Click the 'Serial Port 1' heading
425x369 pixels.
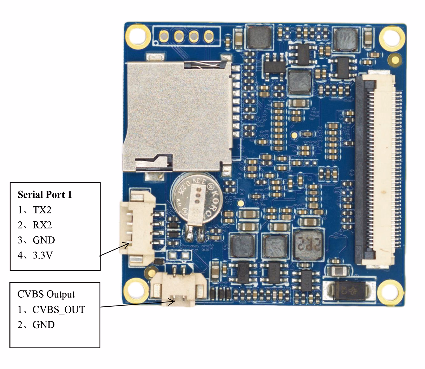(x=45, y=195)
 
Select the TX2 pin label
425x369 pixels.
(x=42, y=210)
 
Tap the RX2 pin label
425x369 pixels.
(x=42, y=225)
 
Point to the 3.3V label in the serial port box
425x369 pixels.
(x=42, y=255)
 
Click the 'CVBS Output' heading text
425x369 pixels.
(x=46, y=294)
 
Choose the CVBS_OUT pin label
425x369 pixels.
(x=59, y=309)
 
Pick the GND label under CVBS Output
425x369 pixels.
(x=44, y=325)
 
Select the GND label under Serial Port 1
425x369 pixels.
(x=44, y=240)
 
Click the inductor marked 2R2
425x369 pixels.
(x=308, y=245)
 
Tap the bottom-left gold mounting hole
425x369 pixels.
(x=138, y=289)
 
